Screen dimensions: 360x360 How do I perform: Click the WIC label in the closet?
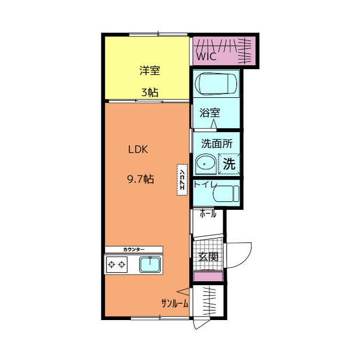206,56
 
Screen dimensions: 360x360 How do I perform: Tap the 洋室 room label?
150,70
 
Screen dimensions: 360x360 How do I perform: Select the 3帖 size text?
150,92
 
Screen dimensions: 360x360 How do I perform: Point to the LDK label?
138,150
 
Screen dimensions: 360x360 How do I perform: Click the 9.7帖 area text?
141,179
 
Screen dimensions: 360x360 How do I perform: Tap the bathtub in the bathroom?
216,84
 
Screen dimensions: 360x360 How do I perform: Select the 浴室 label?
210,112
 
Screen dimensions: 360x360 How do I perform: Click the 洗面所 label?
217,144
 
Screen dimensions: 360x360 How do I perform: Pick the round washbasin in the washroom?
205,164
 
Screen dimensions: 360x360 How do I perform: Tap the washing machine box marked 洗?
229,164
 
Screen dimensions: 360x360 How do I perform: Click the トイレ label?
205,184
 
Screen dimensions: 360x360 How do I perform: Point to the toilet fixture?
226,193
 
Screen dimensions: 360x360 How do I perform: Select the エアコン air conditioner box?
182,180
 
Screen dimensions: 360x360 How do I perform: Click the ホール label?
208,214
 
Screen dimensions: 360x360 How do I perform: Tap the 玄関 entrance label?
208,256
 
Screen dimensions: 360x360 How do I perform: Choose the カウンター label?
134,249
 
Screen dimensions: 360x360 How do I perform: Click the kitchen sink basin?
150,264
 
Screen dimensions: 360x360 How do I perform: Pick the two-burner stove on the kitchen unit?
116,265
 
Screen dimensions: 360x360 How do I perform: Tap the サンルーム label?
174,304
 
